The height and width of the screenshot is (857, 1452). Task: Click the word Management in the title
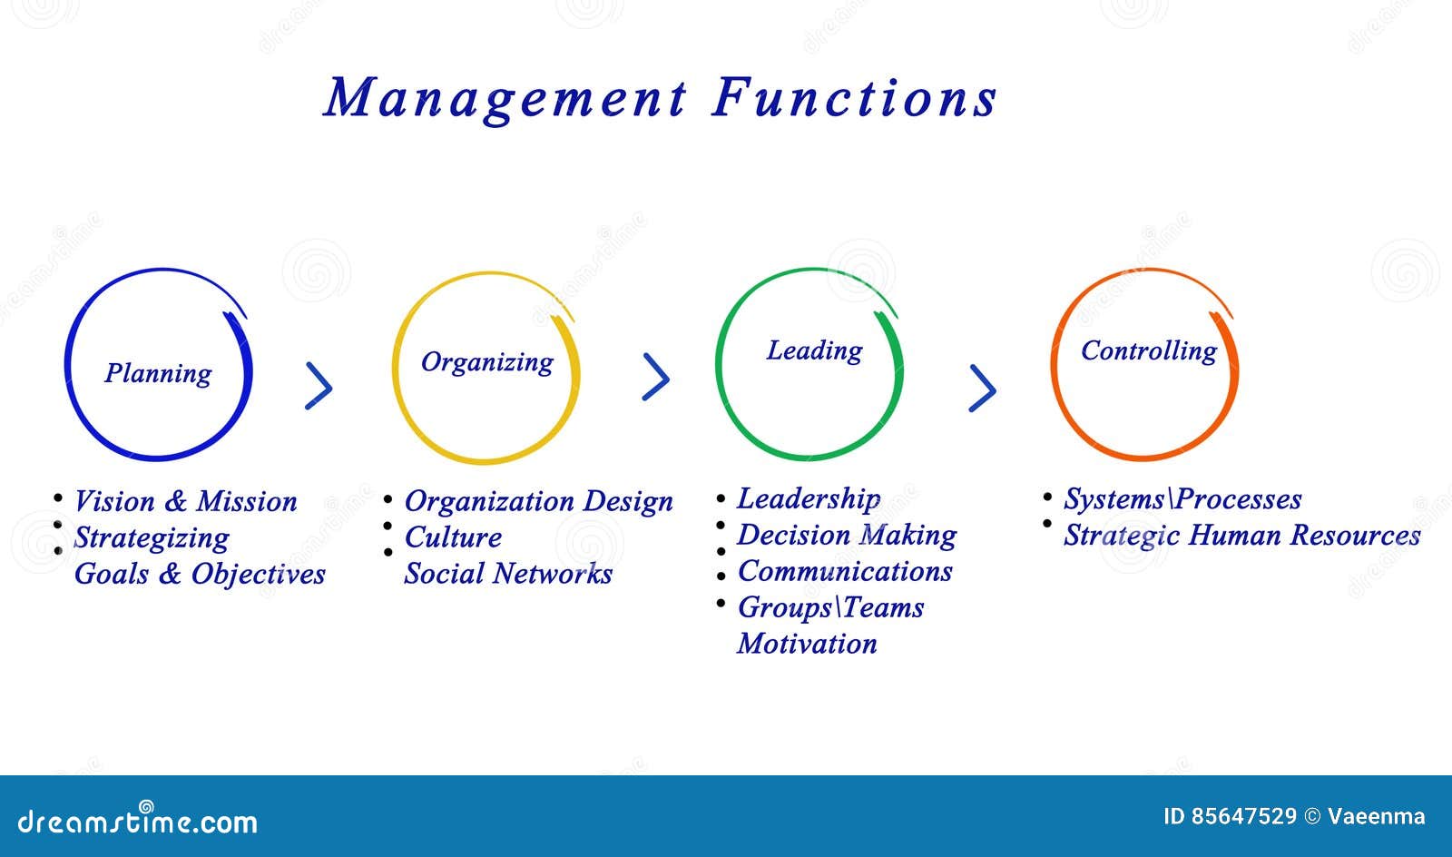point(505,99)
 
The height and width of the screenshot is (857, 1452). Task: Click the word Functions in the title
point(854,98)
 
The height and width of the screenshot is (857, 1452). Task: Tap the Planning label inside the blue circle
point(158,374)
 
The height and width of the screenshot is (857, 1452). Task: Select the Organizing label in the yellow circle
point(487,362)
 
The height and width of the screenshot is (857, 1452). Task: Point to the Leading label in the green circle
point(815,350)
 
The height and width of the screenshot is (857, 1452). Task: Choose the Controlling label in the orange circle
point(1149,350)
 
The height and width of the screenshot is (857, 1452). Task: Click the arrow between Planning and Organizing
point(319,386)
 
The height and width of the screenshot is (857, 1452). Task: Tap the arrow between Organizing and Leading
point(655,377)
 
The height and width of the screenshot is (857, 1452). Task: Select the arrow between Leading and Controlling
point(982,389)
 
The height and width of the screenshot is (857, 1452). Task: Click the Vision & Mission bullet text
point(185,501)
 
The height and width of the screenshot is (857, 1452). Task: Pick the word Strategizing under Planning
point(152,538)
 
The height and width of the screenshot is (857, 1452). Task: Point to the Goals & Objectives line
point(200,574)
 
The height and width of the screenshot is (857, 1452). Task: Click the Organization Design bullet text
point(539,501)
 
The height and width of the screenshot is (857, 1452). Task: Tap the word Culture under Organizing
point(453,537)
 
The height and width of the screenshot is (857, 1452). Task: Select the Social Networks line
point(508,574)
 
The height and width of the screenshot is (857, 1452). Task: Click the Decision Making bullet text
point(847,536)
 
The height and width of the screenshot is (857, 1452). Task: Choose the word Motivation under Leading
point(807,644)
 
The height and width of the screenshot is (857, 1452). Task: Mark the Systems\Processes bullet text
point(1182,499)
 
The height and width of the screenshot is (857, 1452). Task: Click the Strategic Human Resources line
point(1242,536)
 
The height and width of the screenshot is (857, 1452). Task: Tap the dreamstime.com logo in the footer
point(137,820)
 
